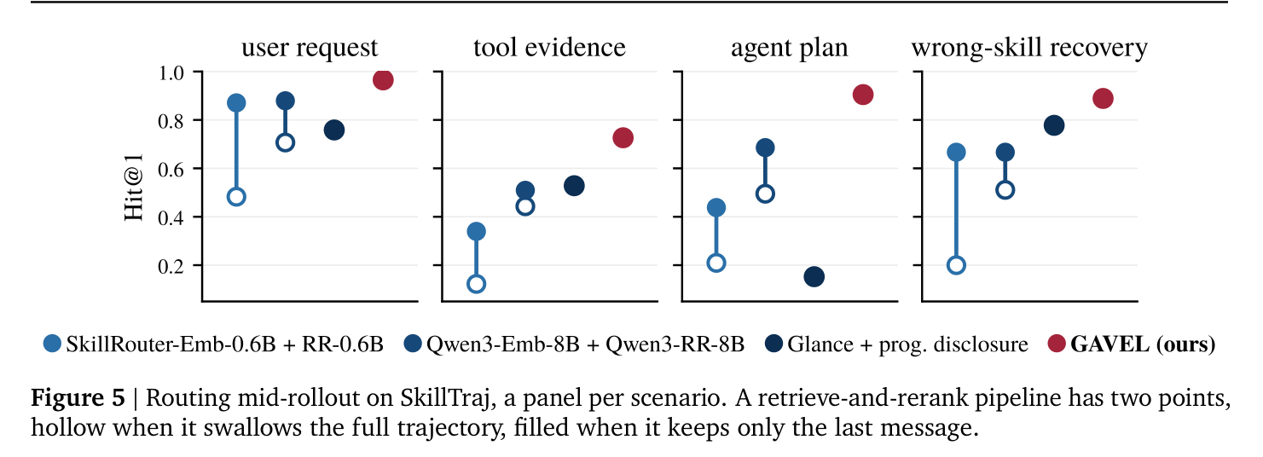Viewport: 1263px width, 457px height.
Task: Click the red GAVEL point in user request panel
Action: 383,80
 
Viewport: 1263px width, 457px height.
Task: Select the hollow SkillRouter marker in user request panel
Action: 236,197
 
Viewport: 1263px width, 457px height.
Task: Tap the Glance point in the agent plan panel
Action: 814,277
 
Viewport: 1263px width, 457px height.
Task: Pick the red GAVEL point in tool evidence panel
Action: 623,137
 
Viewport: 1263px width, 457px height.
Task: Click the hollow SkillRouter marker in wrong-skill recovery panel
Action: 956,265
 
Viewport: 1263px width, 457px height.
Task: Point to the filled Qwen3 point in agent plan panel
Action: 765,148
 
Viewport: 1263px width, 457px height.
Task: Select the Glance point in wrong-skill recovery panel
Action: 1054,125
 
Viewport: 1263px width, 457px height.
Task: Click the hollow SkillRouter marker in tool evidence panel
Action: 477,283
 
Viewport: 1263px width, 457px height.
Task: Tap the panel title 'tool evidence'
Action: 549,48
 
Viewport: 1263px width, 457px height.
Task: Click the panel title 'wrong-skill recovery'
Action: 1029,48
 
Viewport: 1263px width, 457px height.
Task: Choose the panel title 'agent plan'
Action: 790,49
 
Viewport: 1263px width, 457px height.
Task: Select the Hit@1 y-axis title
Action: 134,188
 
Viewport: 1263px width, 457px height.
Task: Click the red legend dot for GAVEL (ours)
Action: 1056,343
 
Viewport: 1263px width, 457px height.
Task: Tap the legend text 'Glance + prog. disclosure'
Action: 907,344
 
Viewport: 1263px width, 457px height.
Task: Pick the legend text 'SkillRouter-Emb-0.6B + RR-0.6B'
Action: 224,344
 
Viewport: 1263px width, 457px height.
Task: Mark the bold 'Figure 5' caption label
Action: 78,398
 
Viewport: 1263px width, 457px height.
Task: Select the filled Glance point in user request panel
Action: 333,130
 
